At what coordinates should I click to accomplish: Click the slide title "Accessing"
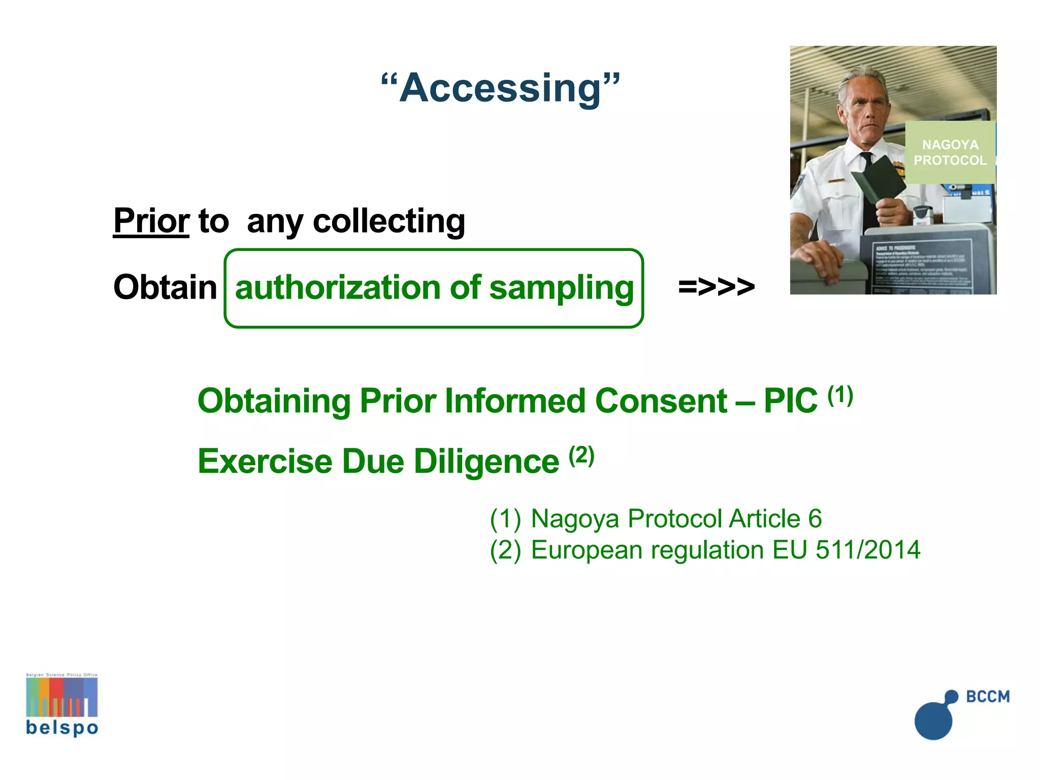coord(501,87)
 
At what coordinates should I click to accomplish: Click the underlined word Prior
coord(151,221)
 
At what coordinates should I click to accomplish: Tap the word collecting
coord(389,221)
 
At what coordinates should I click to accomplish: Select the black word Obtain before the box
coord(165,287)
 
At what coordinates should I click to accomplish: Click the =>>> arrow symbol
coord(716,287)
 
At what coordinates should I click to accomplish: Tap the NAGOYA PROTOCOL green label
coord(950,152)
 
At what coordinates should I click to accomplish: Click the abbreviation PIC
coord(790,401)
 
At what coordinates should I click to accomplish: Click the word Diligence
coord(486,462)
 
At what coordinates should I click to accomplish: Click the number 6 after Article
coord(815,518)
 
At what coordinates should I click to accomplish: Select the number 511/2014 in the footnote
coord(868,550)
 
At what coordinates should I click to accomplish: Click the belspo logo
coord(62,705)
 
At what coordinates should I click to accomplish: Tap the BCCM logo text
coord(988,696)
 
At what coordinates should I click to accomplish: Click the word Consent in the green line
coord(661,401)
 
